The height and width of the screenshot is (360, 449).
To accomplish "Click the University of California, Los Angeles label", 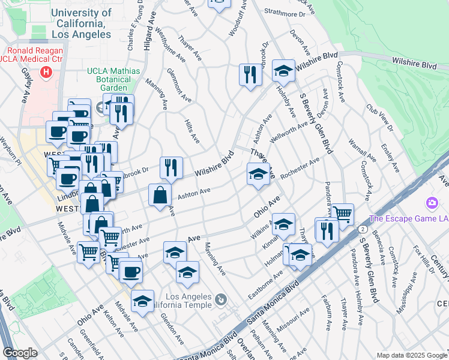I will click(x=81, y=23).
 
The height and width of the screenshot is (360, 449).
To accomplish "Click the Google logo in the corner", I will click(x=20, y=353).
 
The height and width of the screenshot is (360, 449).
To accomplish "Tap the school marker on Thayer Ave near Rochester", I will click(x=258, y=175).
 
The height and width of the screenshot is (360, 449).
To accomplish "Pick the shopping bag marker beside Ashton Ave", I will click(x=159, y=196).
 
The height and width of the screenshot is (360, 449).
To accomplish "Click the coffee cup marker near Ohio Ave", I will click(x=130, y=271).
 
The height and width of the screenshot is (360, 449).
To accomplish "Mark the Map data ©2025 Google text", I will click(x=411, y=355).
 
